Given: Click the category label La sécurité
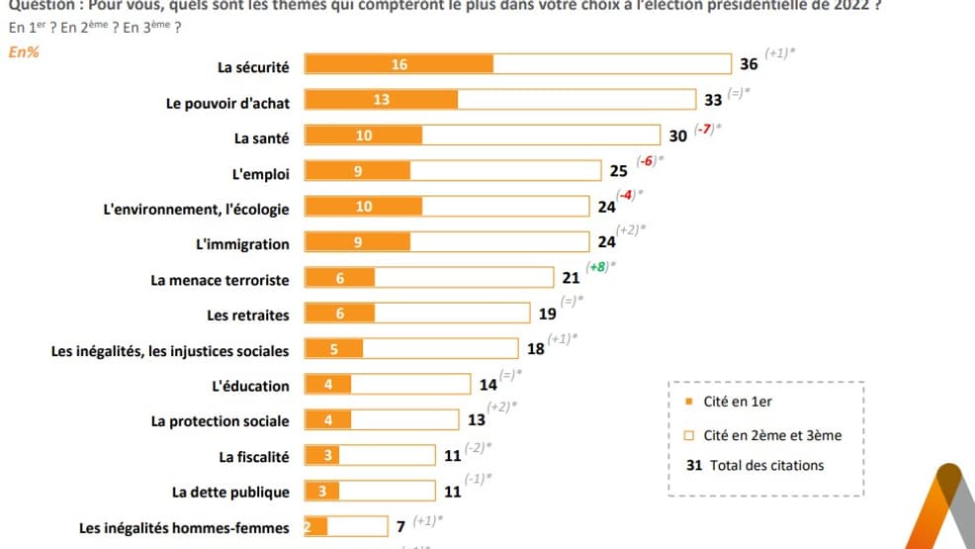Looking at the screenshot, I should pyautogui.click(x=253, y=67).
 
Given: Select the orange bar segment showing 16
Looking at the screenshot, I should pyautogui.click(x=399, y=64).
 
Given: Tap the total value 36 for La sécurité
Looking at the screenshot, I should pyautogui.click(x=749, y=64).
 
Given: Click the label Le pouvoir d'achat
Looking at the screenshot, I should pyautogui.click(x=227, y=103).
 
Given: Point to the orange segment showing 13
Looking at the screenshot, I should pyautogui.click(x=381, y=100).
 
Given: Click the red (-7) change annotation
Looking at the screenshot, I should pyautogui.click(x=704, y=130).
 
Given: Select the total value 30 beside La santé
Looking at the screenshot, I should pyautogui.click(x=677, y=137).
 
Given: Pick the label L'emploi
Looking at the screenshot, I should pyautogui.click(x=260, y=174).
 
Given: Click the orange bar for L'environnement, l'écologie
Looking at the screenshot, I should pyautogui.click(x=364, y=207).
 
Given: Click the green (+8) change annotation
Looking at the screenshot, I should pyautogui.click(x=598, y=267).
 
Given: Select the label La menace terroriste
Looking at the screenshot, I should pyautogui.click(x=220, y=280).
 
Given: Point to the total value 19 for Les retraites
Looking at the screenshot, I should pyautogui.click(x=547, y=315).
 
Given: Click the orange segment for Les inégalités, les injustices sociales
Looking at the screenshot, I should pyautogui.click(x=333, y=348).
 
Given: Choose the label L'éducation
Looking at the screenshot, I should pyautogui.click(x=250, y=386).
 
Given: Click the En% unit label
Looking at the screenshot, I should pyautogui.click(x=24, y=52).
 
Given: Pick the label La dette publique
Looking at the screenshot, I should pyautogui.click(x=230, y=493).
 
